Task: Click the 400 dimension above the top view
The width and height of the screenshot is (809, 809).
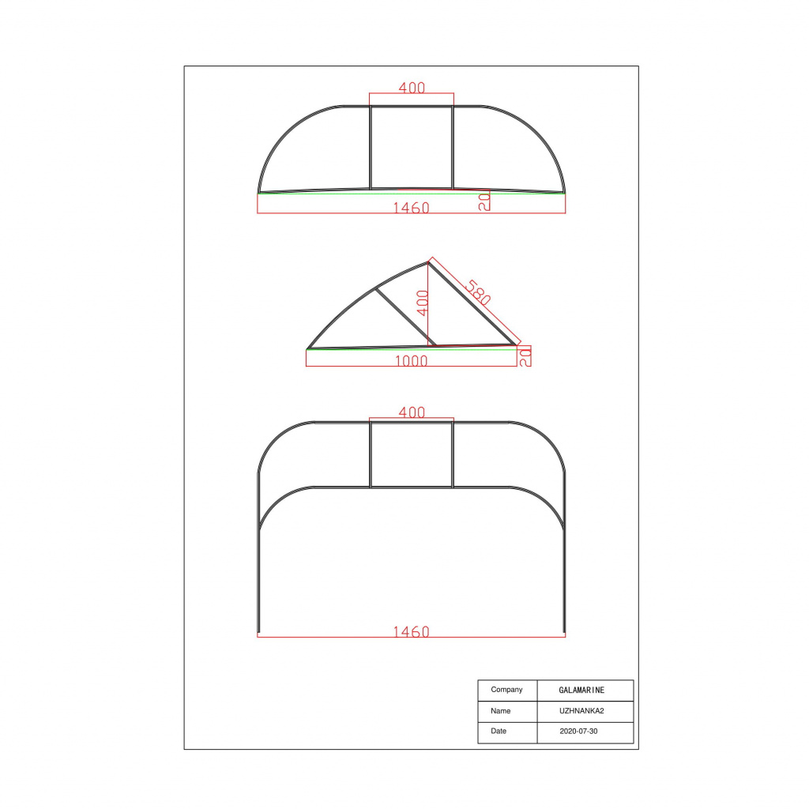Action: point(412,88)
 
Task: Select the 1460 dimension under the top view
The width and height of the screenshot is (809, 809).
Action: point(411,208)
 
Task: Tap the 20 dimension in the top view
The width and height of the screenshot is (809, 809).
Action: point(484,201)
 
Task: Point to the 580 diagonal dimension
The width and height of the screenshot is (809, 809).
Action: point(478,292)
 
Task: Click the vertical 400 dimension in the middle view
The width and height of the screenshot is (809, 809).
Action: point(423,303)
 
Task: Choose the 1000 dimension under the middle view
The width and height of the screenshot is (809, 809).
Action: point(411,361)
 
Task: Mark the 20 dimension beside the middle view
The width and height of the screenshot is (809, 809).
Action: point(525,357)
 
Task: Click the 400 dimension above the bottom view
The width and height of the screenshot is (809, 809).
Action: point(412,412)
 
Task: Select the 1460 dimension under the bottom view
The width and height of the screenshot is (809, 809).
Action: point(411,632)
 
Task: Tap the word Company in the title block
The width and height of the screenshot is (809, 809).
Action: point(506,690)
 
